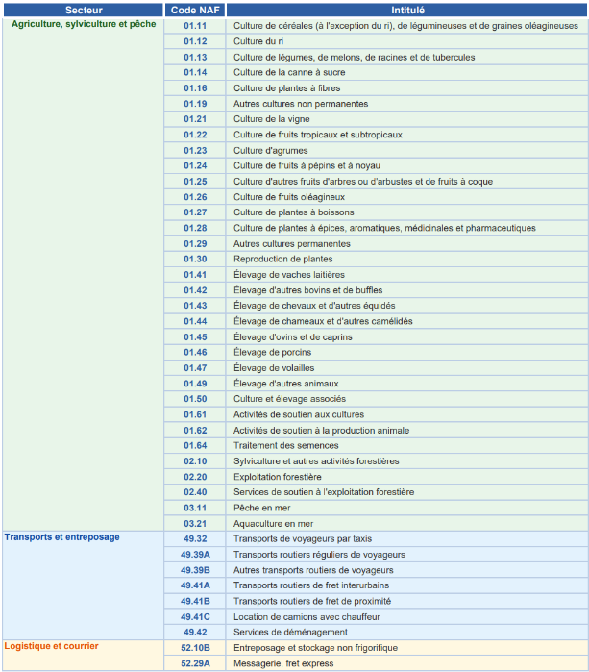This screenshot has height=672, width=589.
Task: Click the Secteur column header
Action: coord(84,10)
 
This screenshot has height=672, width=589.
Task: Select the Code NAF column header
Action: coord(195,10)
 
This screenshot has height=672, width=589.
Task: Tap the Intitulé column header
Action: coord(407,10)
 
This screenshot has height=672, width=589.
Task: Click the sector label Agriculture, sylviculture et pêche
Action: coord(83,25)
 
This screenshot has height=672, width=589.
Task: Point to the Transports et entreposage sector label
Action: coord(62,537)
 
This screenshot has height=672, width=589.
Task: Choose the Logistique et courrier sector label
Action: coord(51,646)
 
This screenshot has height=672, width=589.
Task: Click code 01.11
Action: coord(195,26)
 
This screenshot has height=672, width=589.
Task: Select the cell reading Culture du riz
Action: coord(258,41)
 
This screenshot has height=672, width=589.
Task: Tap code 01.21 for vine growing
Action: coord(195,119)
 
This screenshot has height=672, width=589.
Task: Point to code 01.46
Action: coord(195,352)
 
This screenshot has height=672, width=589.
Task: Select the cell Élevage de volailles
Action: coord(274,367)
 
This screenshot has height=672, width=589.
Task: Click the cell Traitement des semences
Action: coord(285,445)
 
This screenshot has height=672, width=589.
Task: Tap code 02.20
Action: coord(195,476)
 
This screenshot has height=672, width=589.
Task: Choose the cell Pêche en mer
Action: coord(261,508)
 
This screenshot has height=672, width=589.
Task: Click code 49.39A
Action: coord(195,554)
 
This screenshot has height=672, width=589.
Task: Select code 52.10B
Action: coord(195,647)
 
